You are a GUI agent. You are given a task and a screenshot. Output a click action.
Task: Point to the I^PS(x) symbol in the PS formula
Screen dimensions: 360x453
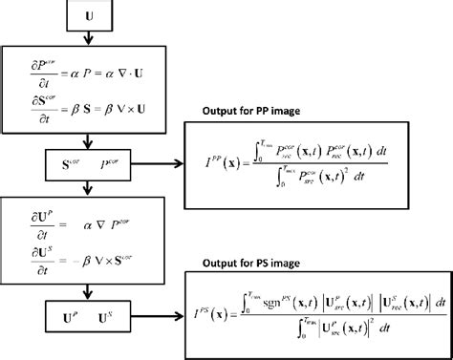click(216, 313)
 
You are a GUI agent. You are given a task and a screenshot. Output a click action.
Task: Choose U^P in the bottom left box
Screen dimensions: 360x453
click(70, 314)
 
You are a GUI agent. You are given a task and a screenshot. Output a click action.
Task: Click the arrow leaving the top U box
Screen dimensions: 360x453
click(89, 38)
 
